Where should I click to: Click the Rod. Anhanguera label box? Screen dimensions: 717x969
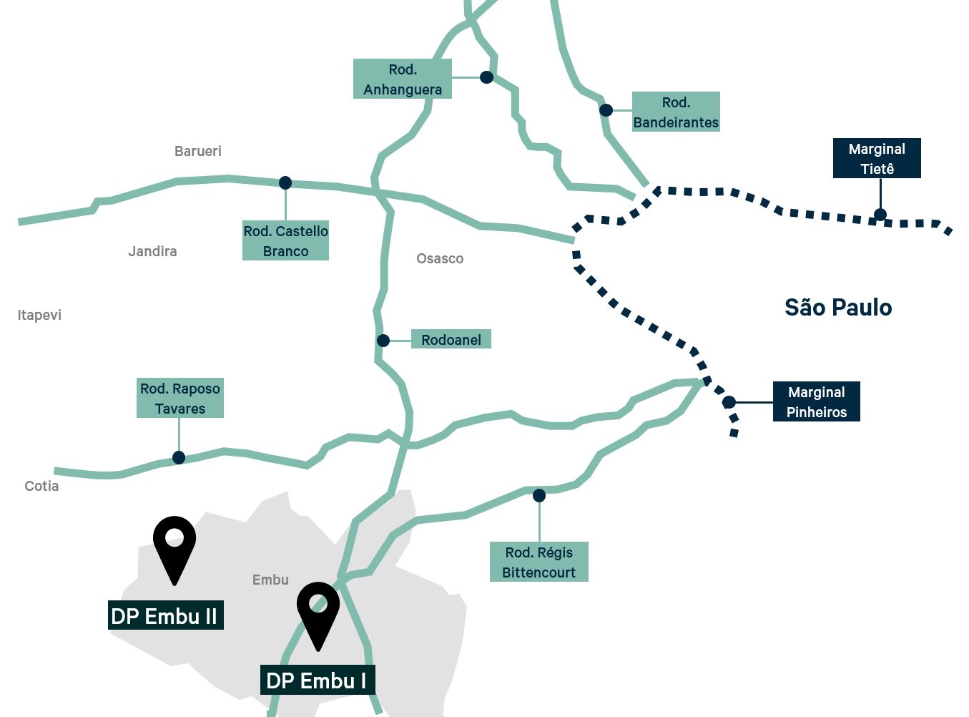click(403, 79)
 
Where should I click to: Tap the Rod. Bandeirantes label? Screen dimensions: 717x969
click(676, 112)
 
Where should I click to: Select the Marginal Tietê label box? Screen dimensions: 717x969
click(877, 158)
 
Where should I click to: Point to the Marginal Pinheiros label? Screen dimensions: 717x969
click(816, 401)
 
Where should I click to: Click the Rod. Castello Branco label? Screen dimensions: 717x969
click(285, 240)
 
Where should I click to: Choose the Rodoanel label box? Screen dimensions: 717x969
click(451, 340)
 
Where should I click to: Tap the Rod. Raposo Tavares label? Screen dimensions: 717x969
click(180, 398)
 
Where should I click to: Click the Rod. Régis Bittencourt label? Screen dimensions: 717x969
click(538, 562)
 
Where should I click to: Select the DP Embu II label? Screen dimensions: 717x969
click(165, 615)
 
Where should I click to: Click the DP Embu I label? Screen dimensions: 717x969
click(317, 680)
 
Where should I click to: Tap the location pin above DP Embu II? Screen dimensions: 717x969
click(174, 545)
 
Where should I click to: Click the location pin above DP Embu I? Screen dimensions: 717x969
click(318, 611)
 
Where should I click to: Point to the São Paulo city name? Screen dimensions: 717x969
click(838, 307)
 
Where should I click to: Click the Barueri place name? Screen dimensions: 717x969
click(198, 151)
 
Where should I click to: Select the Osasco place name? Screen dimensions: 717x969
click(440, 258)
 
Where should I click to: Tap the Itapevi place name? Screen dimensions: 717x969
click(39, 315)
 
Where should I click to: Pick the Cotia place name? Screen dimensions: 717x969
click(41, 486)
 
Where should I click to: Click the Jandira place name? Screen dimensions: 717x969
click(152, 251)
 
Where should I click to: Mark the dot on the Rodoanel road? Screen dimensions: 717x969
click(383, 341)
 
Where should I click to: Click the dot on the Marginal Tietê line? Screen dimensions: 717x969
click(880, 214)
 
